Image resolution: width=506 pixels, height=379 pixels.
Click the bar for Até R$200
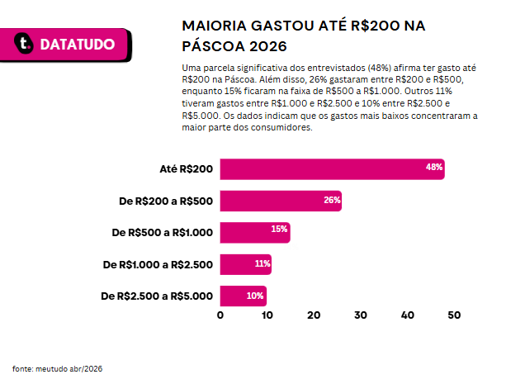pos(333,169)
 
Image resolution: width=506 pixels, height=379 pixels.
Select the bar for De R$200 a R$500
pos(281,201)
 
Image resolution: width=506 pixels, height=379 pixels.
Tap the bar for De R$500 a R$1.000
pos(255,232)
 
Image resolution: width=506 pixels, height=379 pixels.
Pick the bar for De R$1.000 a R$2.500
pos(246,264)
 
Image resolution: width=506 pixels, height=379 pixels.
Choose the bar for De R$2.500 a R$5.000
pos(244,296)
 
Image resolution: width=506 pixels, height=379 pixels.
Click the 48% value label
pos(434,167)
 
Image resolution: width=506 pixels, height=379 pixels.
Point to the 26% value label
pos(332,200)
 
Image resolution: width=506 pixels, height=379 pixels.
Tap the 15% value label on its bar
pos(279,230)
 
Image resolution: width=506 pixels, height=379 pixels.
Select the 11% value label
pos(262,263)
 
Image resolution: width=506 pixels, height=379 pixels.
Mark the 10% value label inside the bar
pos(255,296)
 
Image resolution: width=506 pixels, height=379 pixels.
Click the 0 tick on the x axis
pos(220,315)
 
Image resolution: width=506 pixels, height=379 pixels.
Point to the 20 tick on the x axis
pos(314,315)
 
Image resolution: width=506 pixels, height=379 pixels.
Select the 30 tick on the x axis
pos(361,315)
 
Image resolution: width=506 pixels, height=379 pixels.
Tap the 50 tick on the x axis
pos(454,315)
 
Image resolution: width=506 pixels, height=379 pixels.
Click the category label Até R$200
pos(187,168)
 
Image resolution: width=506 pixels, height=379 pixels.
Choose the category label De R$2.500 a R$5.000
pos(157,296)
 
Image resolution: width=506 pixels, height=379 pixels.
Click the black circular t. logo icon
pos(24,43)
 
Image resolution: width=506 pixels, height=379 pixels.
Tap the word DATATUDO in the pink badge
pos(78,45)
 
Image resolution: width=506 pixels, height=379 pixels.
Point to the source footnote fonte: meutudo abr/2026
pos(58,368)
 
